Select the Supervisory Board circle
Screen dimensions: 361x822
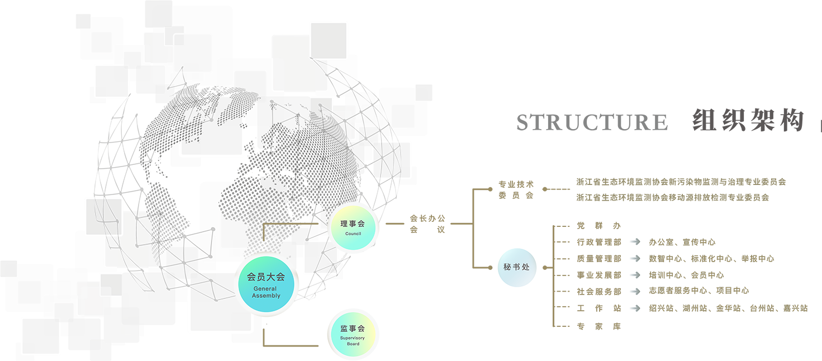point(353,334)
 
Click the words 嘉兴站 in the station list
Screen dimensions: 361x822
point(796,308)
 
